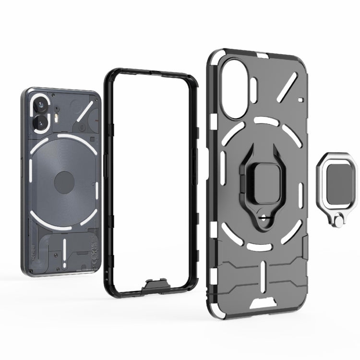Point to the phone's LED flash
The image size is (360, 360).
click(x=58, y=116)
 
